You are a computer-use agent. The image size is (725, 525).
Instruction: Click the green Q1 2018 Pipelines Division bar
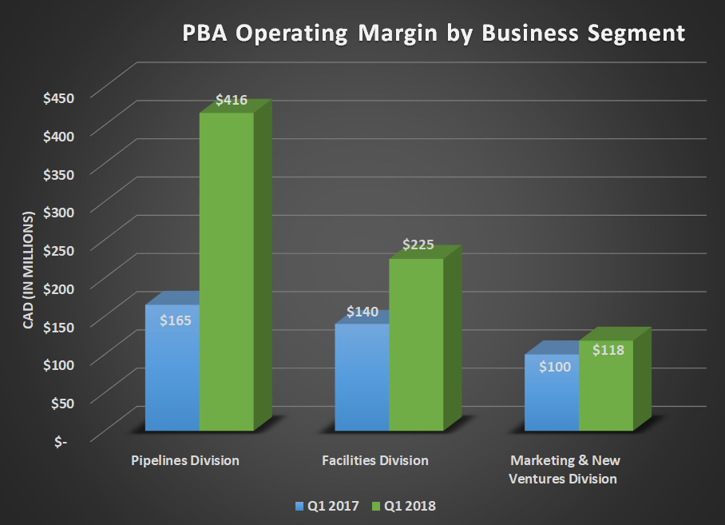click(x=226, y=272)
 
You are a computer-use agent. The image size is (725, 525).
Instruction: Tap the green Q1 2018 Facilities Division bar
click(x=415, y=344)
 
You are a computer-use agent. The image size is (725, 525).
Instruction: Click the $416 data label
click(x=232, y=101)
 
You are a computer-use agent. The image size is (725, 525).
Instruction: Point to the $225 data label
click(x=418, y=245)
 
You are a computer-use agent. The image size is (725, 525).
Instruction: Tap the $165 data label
click(x=174, y=320)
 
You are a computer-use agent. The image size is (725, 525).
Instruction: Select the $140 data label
click(x=362, y=312)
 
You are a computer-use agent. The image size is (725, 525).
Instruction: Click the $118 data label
click(x=608, y=349)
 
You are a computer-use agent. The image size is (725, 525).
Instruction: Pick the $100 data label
click(x=553, y=367)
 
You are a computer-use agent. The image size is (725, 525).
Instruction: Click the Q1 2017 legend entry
click(x=327, y=506)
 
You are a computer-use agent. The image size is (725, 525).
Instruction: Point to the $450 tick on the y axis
click(x=58, y=98)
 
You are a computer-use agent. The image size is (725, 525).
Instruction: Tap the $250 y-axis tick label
click(x=58, y=250)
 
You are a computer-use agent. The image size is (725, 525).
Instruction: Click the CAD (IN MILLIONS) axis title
click(x=29, y=271)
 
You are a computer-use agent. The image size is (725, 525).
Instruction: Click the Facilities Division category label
click(x=374, y=461)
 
